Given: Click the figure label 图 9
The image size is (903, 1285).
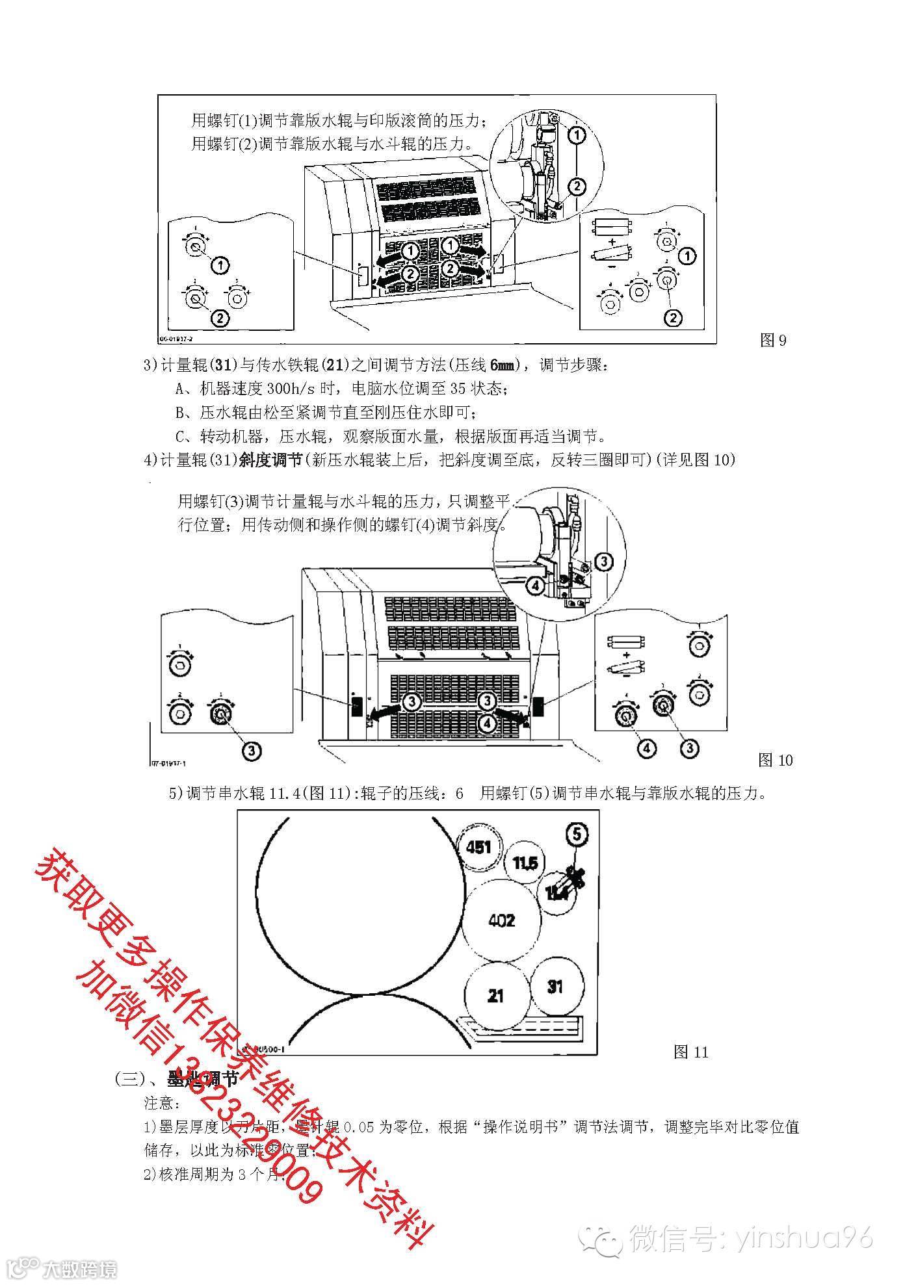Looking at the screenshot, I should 774,340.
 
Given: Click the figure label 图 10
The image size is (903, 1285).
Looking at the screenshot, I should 776,760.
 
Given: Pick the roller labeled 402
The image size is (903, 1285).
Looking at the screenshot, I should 501,920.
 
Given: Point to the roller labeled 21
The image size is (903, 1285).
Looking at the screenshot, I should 495,995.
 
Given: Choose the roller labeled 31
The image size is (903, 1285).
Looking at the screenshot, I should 555,986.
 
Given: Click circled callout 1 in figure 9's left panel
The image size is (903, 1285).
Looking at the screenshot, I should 220,264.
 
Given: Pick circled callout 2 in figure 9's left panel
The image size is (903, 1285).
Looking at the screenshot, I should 220,318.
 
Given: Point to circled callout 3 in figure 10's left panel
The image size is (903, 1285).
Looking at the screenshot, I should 252,750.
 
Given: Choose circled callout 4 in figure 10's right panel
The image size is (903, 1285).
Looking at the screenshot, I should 646,749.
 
